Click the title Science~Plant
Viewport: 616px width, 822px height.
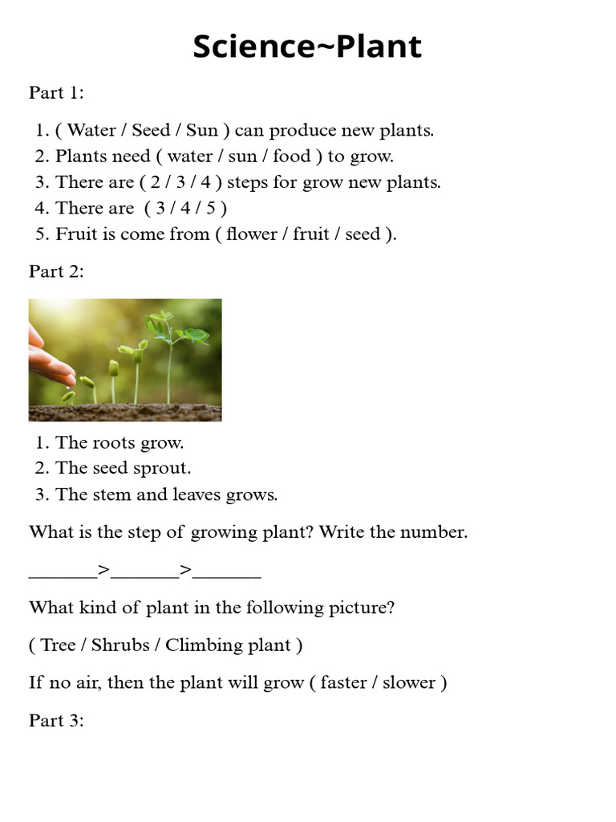coord(307,47)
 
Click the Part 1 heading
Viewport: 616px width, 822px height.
coord(56,93)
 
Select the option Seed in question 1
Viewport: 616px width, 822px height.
coord(150,130)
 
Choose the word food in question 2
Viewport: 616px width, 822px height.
coord(291,156)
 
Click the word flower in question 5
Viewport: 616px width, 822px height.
coord(253,234)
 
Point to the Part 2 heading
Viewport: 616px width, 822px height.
coord(56,271)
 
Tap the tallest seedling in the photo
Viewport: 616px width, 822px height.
coord(169,353)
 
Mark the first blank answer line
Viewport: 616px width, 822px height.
coord(63,572)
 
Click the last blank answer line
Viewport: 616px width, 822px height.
coord(227,572)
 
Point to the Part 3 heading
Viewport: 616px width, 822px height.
coord(56,721)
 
